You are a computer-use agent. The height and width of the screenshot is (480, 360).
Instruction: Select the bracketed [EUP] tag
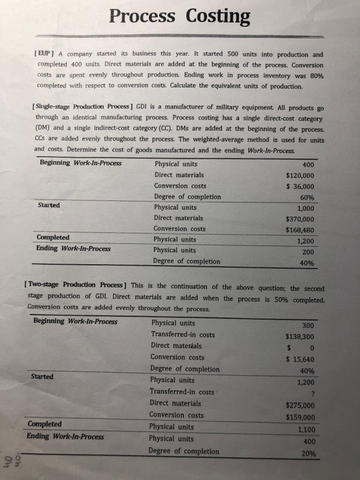click(x=45, y=53)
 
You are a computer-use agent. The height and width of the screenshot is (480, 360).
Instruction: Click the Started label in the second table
click(x=43, y=376)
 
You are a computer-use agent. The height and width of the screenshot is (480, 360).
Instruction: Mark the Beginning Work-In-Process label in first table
click(x=79, y=163)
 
